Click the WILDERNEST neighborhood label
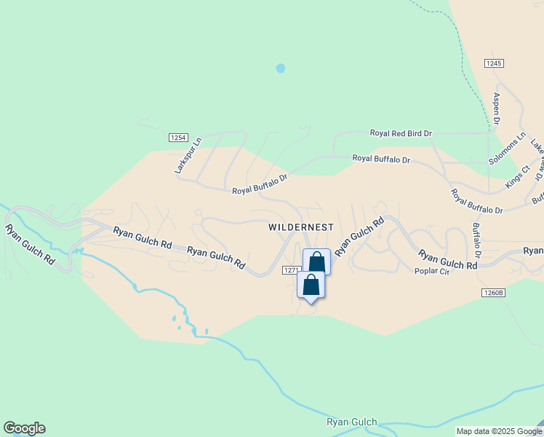(300, 227)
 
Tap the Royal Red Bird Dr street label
(401, 133)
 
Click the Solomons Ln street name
(507, 149)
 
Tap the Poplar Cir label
(433, 271)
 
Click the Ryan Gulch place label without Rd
(352, 422)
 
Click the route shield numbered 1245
(494, 63)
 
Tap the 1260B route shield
(492, 292)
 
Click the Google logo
(24, 428)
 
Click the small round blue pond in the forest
(281, 68)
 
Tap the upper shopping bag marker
(316, 261)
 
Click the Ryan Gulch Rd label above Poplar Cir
(447, 259)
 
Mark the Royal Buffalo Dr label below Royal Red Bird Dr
(381, 158)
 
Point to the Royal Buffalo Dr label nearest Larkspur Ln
(260, 184)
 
